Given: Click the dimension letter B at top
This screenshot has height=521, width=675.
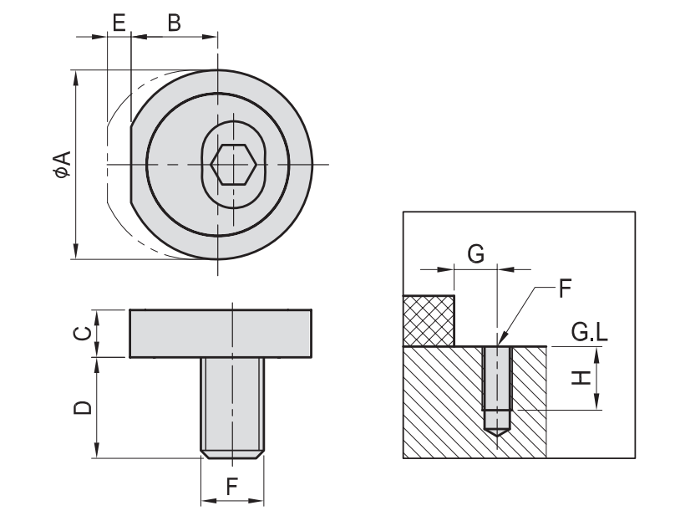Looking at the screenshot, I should (x=174, y=23).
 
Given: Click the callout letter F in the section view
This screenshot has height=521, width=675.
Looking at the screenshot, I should (x=564, y=290).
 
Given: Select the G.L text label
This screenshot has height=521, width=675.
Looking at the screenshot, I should (x=590, y=335).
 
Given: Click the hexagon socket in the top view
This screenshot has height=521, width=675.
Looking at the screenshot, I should (x=233, y=164).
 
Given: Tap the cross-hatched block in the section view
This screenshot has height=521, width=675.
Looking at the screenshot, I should (x=429, y=320).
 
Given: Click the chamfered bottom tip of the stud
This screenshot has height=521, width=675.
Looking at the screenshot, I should (x=233, y=454).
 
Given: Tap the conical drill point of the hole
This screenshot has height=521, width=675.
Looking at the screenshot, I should (x=496, y=432).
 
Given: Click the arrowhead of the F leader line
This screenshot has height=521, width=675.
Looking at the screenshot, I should (x=499, y=341).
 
